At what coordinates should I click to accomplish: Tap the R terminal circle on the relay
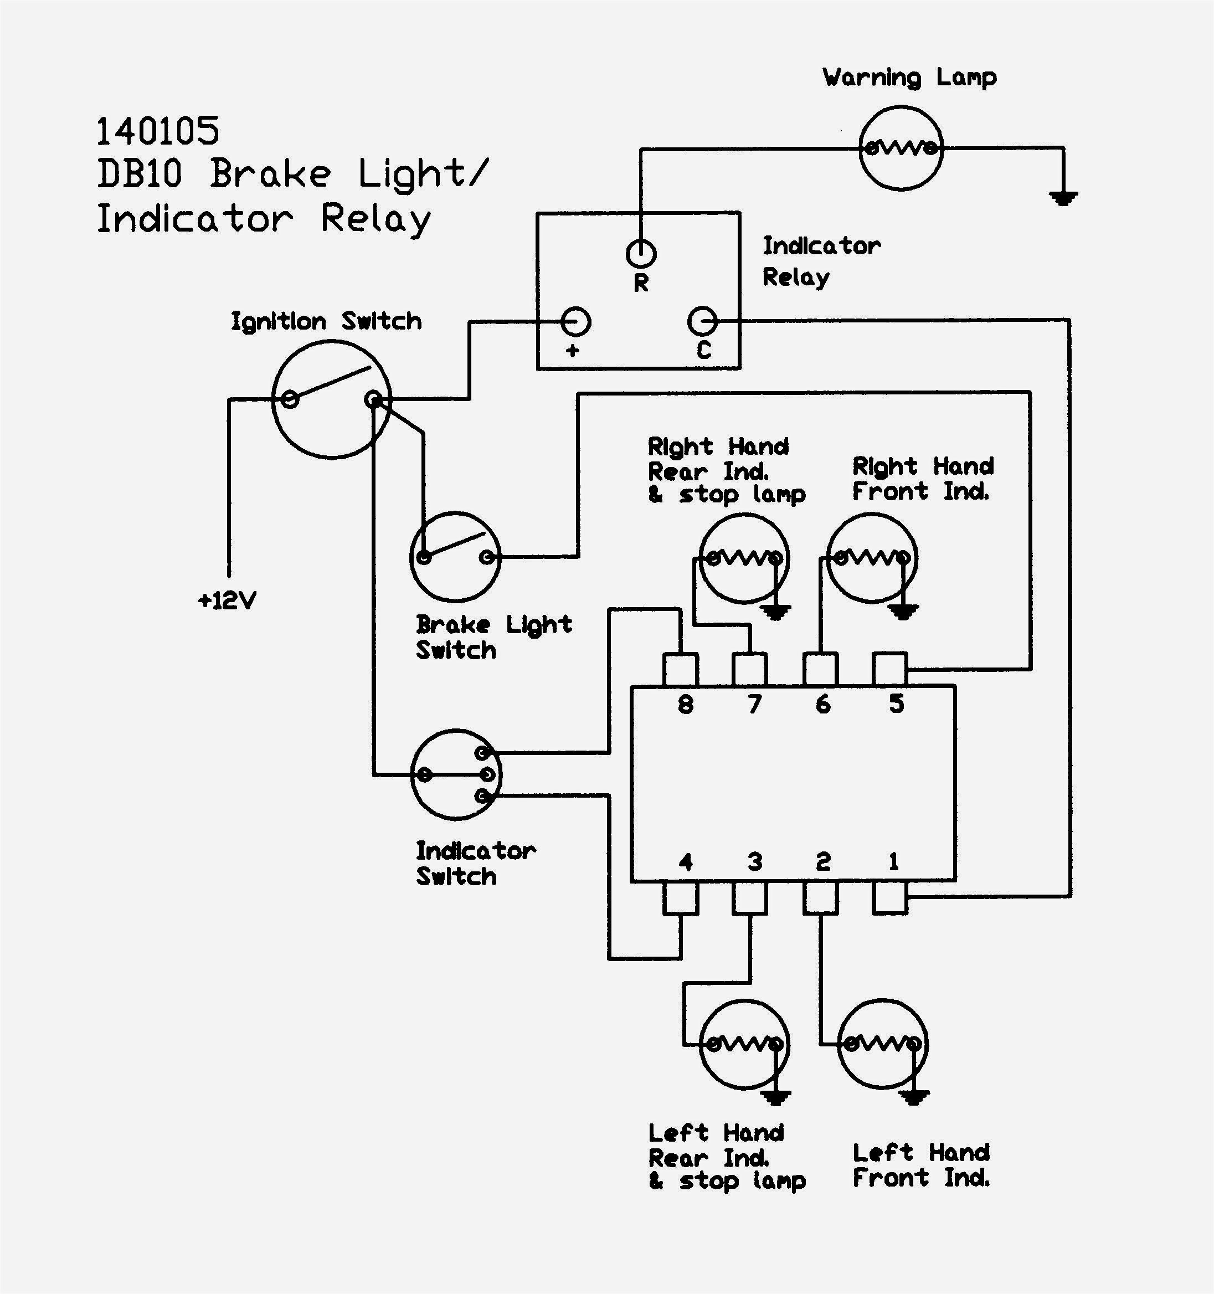[x=641, y=253]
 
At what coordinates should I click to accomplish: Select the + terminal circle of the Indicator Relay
[x=575, y=321]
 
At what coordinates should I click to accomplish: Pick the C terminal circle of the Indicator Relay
[x=702, y=321]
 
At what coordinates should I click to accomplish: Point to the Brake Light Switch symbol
[x=455, y=557]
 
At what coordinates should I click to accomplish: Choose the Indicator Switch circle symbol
[x=456, y=774]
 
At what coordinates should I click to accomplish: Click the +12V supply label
[x=227, y=600]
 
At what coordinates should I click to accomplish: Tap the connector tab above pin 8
[x=680, y=669]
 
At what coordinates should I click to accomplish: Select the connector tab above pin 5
[x=889, y=669]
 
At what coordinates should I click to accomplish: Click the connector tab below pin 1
[x=889, y=898]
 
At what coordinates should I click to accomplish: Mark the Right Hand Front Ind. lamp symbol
[x=872, y=558]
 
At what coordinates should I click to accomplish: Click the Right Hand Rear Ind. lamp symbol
[x=744, y=558]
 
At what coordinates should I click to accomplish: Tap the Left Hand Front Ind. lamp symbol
[x=882, y=1044]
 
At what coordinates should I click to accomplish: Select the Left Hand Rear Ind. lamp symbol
[x=744, y=1044]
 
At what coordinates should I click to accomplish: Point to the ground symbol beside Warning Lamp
[x=1063, y=197]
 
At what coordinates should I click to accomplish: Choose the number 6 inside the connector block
[x=823, y=704]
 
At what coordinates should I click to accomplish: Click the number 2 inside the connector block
[x=823, y=862]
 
